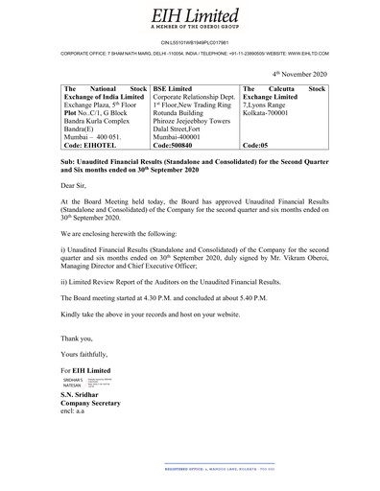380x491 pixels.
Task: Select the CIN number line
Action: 189,43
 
